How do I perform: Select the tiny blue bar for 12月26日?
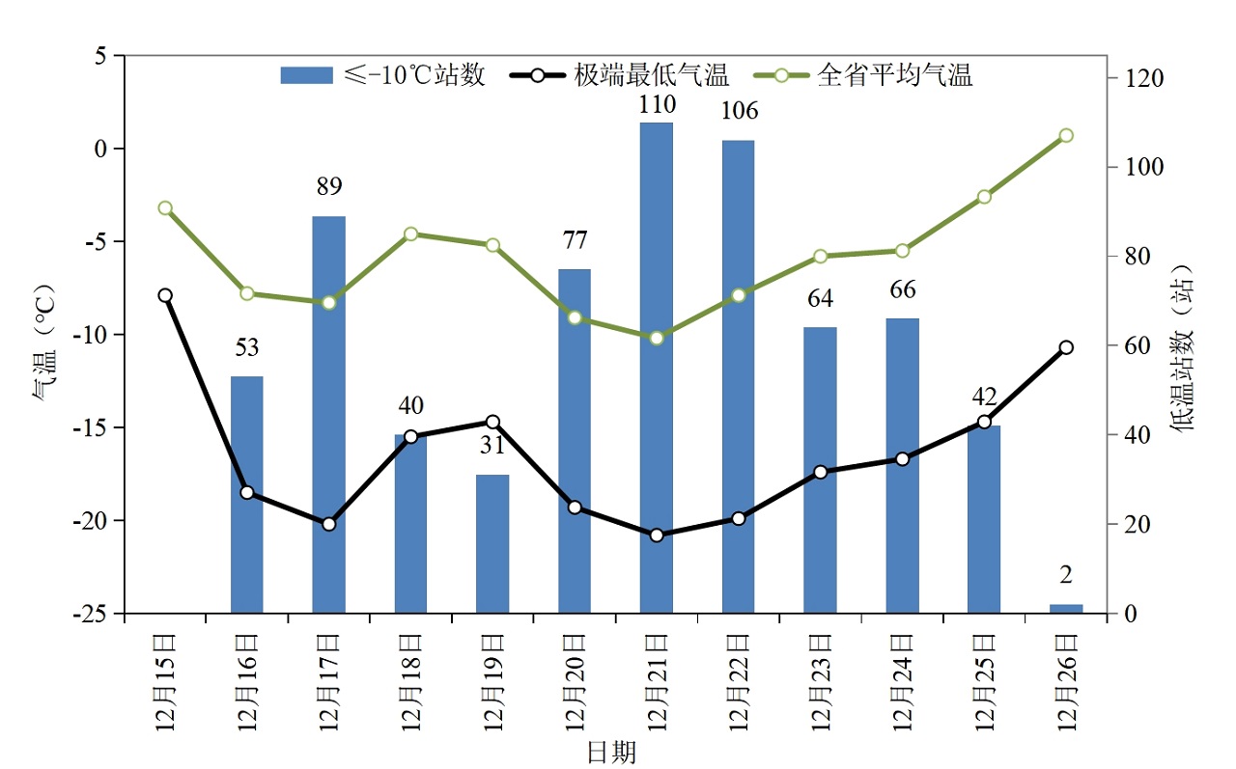click(x=1066, y=608)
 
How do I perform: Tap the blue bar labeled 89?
click(x=328, y=415)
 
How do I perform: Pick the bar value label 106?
click(x=739, y=111)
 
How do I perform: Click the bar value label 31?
click(x=492, y=447)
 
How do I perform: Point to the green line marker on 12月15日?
click(x=165, y=208)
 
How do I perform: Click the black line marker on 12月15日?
click(x=165, y=295)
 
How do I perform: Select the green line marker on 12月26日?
click(x=1066, y=135)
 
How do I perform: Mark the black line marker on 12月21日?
click(x=657, y=535)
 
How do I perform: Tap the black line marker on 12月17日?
click(x=328, y=524)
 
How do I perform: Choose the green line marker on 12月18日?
click(x=410, y=234)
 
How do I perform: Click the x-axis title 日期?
click(x=612, y=753)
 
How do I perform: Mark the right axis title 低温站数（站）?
click(x=1184, y=347)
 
